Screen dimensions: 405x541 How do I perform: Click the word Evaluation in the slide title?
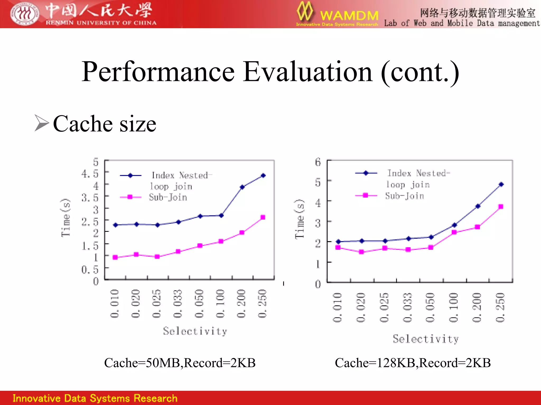pos(307,72)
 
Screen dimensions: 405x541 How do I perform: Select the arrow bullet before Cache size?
pos(42,123)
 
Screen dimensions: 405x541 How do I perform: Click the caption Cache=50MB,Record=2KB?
pos(180,363)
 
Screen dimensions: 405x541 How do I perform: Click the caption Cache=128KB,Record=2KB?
pos(413,363)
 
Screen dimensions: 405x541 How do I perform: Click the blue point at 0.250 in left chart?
pos(263,176)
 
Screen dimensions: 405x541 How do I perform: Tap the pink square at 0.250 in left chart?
pos(263,217)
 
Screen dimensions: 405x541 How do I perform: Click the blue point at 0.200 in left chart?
pos(242,187)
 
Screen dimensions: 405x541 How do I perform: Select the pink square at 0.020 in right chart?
pos(361,252)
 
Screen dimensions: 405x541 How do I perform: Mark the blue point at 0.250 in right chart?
pos(501,185)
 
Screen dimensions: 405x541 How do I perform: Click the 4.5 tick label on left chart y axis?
pos(90,174)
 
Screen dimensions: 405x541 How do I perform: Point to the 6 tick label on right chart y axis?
pos(318,162)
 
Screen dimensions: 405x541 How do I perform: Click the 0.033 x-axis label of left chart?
pos(178,304)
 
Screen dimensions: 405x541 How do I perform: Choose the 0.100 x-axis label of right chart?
pos(454,307)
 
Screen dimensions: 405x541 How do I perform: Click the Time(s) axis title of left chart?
pos(66,218)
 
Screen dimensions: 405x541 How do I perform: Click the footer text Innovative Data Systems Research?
pos(95,398)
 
